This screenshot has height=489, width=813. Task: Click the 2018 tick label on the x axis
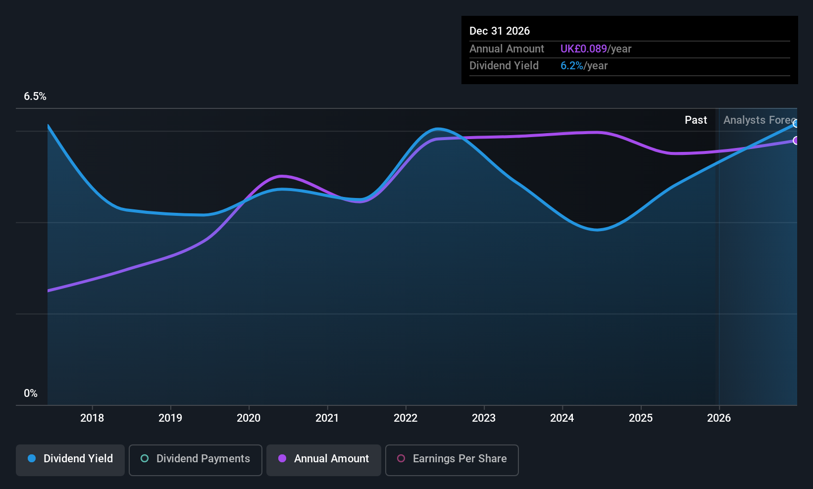[x=92, y=418]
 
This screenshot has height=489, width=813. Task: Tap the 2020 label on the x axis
[x=249, y=418]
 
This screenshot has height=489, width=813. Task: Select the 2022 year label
[x=406, y=418]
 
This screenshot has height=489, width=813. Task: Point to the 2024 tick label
[x=562, y=418]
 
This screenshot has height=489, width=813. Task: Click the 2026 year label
[x=719, y=418]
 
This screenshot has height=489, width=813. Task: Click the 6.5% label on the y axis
[x=35, y=97]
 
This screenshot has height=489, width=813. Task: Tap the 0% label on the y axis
[x=31, y=393]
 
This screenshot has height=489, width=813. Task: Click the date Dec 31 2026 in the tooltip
[x=500, y=31]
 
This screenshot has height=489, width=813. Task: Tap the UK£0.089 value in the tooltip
[x=583, y=49]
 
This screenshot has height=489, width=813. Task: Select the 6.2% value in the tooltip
[x=571, y=66]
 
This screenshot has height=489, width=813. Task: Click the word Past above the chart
[x=696, y=120]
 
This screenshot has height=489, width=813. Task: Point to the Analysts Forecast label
[x=759, y=120]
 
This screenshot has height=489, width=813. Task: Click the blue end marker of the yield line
[x=796, y=123]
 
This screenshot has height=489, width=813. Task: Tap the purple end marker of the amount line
[x=796, y=141]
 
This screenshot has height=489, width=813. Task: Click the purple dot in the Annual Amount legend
[x=282, y=459]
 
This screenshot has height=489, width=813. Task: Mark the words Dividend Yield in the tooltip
[x=504, y=66]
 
